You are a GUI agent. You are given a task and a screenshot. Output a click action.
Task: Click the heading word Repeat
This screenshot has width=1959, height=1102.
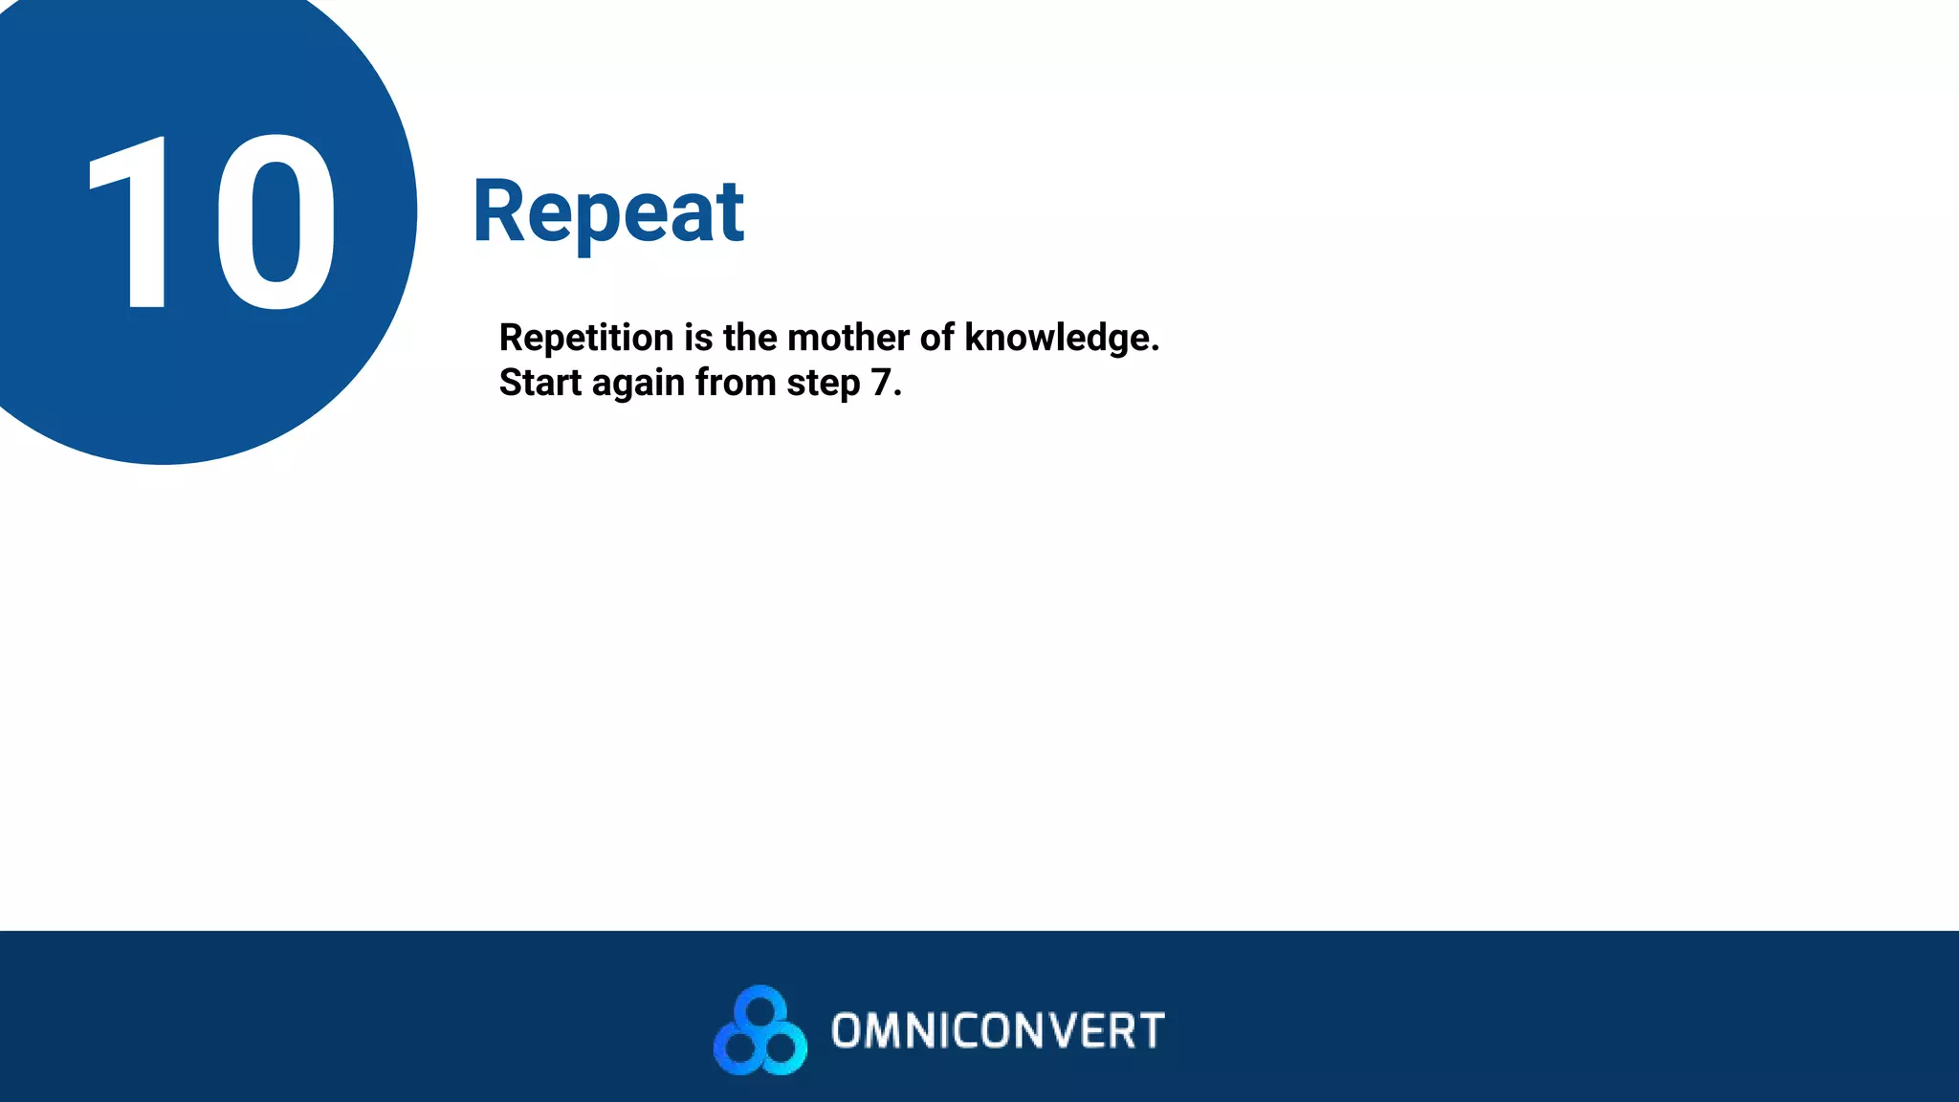[x=608, y=212]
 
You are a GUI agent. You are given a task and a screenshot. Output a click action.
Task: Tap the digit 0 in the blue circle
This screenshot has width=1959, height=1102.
[x=277, y=223]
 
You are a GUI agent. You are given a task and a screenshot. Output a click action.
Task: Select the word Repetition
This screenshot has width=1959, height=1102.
[x=586, y=338]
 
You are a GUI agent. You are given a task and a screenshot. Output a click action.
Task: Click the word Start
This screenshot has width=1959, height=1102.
[x=539, y=383]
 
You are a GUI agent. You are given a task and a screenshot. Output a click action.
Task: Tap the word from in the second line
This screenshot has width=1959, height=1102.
[x=735, y=383]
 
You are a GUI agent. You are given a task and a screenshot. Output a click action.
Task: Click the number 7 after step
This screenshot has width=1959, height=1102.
[x=880, y=383]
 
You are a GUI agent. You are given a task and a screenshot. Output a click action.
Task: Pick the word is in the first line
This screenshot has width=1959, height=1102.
[x=698, y=338]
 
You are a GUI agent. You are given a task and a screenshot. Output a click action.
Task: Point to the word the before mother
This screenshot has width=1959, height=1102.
[x=750, y=338]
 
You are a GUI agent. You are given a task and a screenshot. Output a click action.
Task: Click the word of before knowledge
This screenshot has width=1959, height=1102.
[x=936, y=338]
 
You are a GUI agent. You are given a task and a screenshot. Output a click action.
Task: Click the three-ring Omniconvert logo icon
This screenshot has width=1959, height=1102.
[x=760, y=1030]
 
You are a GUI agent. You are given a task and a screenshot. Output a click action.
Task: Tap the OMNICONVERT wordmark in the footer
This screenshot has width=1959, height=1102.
[x=998, y=1031]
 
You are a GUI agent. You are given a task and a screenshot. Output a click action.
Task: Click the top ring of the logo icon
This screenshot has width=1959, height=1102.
[x=760, y=1008]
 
